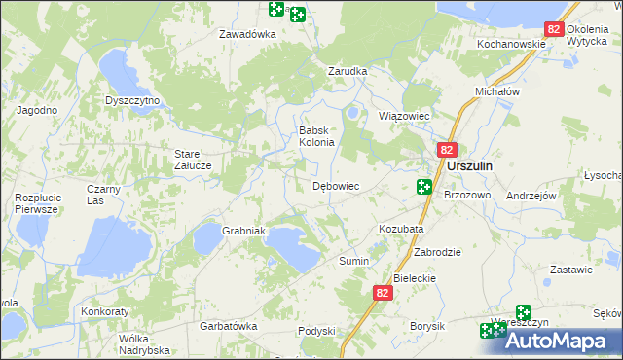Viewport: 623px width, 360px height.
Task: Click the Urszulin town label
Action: pyautogui.click(x=469, y=166)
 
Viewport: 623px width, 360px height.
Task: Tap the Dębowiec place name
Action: pyautogui.click(x=336, y=186)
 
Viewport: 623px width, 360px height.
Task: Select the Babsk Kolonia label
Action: pyautogui.click(x=316, y=136)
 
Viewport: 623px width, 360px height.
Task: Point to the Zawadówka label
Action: pyautogui.click(x=248, y=34)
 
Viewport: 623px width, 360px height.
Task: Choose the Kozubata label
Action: pyautogui.click(x=400, y=229)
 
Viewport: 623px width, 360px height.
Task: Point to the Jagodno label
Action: pyautogui.click(x=37, y=110)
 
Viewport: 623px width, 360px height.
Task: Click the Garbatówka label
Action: pyautogui.click(x=227, y=326)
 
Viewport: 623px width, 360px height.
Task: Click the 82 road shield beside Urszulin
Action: pyautogui.click(x=447, y=150)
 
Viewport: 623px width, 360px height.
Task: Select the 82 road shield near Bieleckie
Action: pyautogui.click(x=383, y=292)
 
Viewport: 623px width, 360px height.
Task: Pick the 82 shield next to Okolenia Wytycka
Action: pyautogui.click(x=553, y=30)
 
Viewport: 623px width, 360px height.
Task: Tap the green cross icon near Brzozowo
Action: pyautogui.click(x=424, y=187)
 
